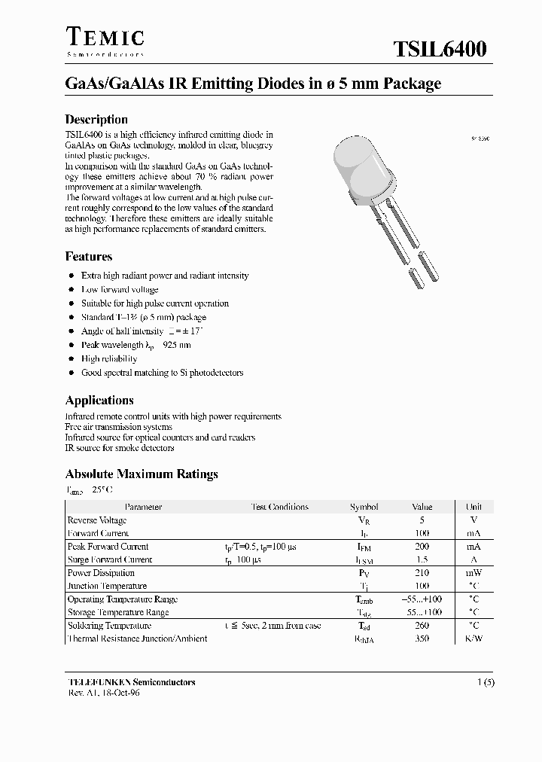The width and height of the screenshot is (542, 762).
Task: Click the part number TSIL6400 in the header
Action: click(440, 50)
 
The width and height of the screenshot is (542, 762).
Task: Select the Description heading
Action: click(96, 119)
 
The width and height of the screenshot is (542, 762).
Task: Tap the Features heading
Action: click(89, 256)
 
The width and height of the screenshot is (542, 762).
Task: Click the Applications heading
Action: click(99, 401)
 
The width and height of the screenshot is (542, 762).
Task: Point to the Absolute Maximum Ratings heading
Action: click(142, 474)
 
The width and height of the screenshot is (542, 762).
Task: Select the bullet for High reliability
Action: click(71, 359)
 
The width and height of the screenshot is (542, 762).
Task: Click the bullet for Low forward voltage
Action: click(71, 290)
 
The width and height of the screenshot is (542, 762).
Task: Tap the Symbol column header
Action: click(364, 507)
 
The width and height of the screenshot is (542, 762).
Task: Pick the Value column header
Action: click(422, 507)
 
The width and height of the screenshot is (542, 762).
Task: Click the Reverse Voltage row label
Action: click(97, 520)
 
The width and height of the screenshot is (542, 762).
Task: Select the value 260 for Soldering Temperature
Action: click(422, 626)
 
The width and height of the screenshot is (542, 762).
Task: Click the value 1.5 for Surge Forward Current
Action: click(422, 560)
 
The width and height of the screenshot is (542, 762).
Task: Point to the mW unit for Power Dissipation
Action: click(473, 573)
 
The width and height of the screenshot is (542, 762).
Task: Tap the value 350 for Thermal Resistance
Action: click(422, 639)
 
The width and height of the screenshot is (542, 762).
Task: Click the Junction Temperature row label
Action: click(107, 586)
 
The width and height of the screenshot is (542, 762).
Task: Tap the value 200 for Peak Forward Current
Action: click(422, 547)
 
